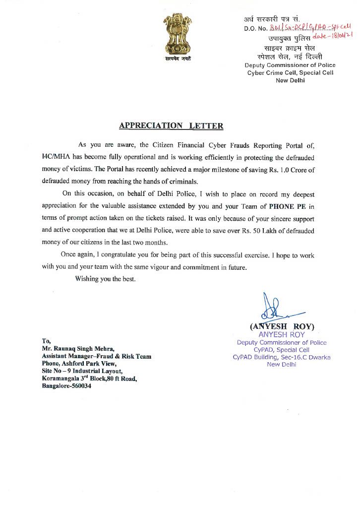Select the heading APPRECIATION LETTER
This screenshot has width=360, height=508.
pos(171,126)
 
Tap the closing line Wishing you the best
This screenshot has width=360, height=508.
pos(105,279)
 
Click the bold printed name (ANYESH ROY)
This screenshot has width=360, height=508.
pos(282,326)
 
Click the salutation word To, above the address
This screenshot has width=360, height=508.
pos(46,341)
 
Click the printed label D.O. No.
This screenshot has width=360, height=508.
pos(255,28)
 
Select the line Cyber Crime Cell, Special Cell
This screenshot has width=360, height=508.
pos(290,72)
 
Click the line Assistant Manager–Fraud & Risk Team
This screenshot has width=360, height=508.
pos(97,356)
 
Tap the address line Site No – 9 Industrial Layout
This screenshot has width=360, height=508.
pos(79,371)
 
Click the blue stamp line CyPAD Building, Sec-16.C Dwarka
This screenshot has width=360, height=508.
pos(281,357)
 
